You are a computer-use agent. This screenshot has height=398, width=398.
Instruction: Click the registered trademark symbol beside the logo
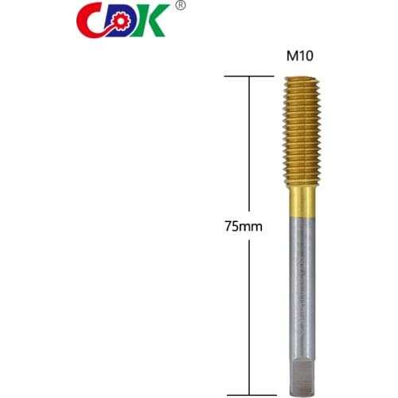pos(181,6)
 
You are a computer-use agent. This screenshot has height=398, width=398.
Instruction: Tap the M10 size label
pos(299,57)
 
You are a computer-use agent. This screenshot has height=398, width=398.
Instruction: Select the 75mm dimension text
pos(244,226)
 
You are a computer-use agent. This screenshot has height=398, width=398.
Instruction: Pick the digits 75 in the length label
pos(233,226)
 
